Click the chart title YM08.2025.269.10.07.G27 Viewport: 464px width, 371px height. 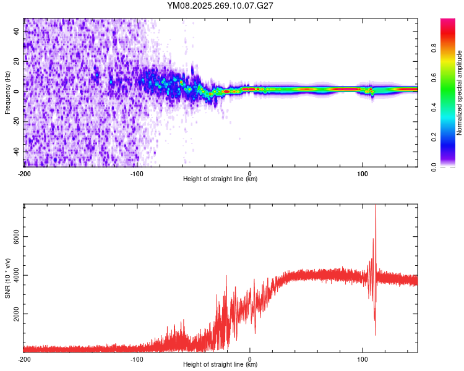coord(220,6)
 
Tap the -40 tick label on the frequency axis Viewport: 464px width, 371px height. coord(17,151)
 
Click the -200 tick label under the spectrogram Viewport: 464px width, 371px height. coord(24,173)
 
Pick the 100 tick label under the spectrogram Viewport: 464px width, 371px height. coord(363,173)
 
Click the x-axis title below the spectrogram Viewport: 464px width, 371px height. coord(220,179)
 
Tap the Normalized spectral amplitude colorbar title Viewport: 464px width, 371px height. coord(460,93)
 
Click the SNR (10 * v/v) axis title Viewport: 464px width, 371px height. coord(7,278)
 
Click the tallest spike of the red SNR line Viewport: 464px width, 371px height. coord(376,207)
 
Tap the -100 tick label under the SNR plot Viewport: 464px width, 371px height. coord(137,359)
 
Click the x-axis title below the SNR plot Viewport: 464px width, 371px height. coord(220,365)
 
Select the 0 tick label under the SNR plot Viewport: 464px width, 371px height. coord(250,359)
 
